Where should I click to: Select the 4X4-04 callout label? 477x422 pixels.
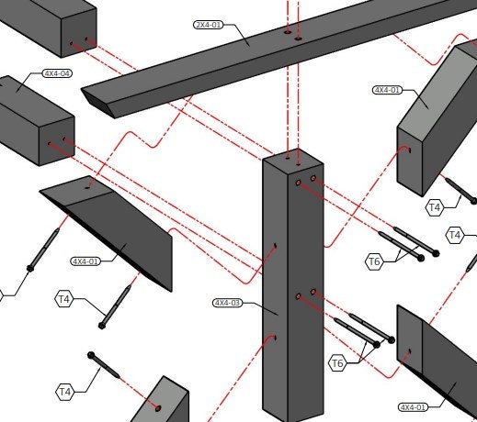click(x=56, y=73)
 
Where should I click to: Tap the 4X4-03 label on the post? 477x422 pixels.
click(x=227, y=302)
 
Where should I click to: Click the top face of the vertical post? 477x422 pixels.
click(x=292, y=161)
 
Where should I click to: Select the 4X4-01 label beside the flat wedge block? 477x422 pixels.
click(x=87, y=261)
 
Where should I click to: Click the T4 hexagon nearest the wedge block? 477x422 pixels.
click(x=64, y=298)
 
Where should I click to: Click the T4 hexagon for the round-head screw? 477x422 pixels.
click(x=64, y=393)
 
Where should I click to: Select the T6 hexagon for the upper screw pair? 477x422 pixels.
click(x=373, y=262)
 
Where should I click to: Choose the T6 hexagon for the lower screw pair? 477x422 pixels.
click(x=337, y=364)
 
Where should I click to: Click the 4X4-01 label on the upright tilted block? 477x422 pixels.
click(x=386, y=90)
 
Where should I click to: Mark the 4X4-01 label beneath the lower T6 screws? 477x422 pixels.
click(x=413, y=406)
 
